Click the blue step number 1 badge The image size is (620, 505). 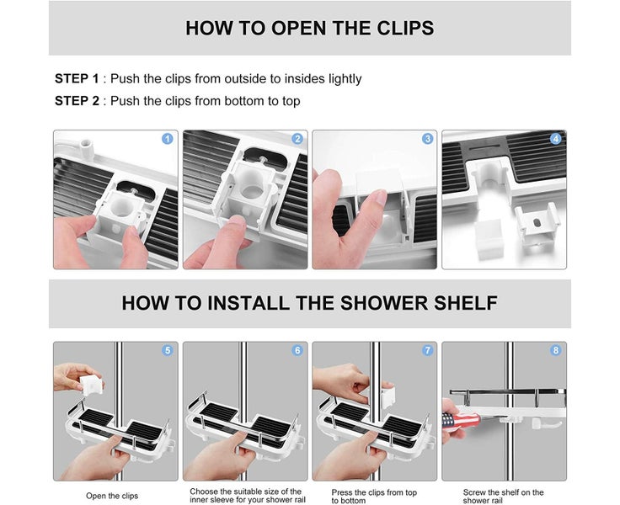pyautogui.click(x=168, y=139)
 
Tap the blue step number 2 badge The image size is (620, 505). pyautogui.click(x=297, y=139)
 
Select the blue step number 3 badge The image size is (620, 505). pyautogui.click(x=427, y=139)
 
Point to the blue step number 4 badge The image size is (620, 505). pyautogui.click(x=556, y=139)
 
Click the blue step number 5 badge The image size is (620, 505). pyautogui.click(x=168, y=350)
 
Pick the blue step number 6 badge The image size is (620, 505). pyautogui.click(x=297, y=350)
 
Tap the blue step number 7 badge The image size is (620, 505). pyautogui.click(x=427, y=350)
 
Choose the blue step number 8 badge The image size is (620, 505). pyautogui.click(x=556, y=350)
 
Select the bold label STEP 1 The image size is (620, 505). pyautogui.click(x=77, y=78)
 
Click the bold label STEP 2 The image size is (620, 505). pyautogui.click(x=77, y=101)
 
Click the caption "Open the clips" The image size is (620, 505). pyautogui.click(x=112, y=496)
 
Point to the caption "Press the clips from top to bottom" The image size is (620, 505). pyautogui.click(x=374, y=497)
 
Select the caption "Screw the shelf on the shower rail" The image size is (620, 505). pyautogui.click(x=504, y=497)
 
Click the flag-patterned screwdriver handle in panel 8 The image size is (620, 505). pyautogui.click(x=460, y=421)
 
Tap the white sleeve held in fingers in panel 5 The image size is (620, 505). pyautogui.click(x=91, y=385)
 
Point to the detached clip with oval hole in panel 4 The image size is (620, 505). pyautogui.click(x=537, y=224)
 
